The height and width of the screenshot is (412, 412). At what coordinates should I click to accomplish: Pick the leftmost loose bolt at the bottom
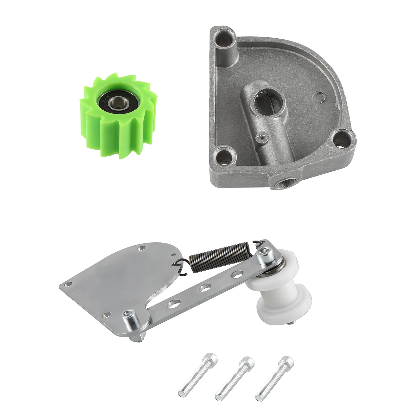(198, 376)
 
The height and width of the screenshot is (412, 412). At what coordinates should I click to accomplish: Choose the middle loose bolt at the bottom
(234, 377)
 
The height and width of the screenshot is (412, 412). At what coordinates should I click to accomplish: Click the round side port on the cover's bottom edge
(285, 183)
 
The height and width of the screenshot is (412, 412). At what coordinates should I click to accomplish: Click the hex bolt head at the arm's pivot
(129, 315)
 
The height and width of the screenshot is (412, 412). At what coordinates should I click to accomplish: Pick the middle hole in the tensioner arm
(205, 288)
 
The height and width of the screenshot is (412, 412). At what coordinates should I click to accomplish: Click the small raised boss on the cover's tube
(261, 137)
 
